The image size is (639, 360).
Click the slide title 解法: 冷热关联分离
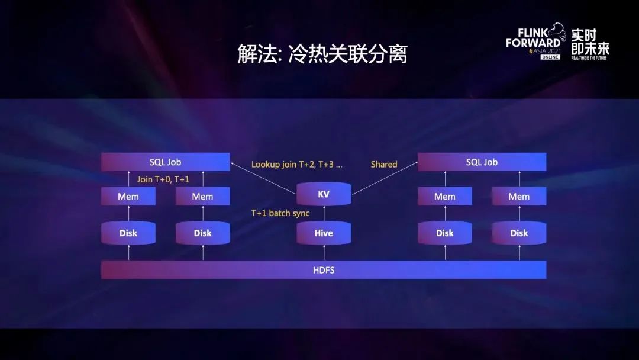[x=322, y=54]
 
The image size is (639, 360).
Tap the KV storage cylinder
[x=324, y=194]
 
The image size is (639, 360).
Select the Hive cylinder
[x=324, y=233]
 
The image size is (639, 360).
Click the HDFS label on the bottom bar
[x=324, y=270]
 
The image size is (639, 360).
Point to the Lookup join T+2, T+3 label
[x=296, y=164]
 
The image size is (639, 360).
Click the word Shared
[x=384, y=164]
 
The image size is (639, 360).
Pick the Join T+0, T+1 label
[x=163, y=179]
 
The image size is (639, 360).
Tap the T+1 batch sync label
[x=280, y=213]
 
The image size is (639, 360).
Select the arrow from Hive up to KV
[x=324, y=214]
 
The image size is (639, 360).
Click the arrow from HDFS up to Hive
[x=324, y=253]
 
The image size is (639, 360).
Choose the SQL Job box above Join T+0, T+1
[x=166, y=162]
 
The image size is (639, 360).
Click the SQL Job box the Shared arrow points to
[x=482, y=162]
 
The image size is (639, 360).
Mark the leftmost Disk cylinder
[x=128, y=233]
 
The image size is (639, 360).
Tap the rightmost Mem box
[x=519, y=196]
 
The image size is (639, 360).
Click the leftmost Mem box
[x=128, y=196]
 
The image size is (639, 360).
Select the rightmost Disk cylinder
[x=519, y=233]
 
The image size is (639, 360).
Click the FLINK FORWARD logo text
[x=534, y=38]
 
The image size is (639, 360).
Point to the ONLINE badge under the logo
[x=550, y=57]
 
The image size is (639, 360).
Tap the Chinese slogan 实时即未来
[x=590, y=41]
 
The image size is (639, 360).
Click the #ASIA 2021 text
[x=544, y=52]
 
